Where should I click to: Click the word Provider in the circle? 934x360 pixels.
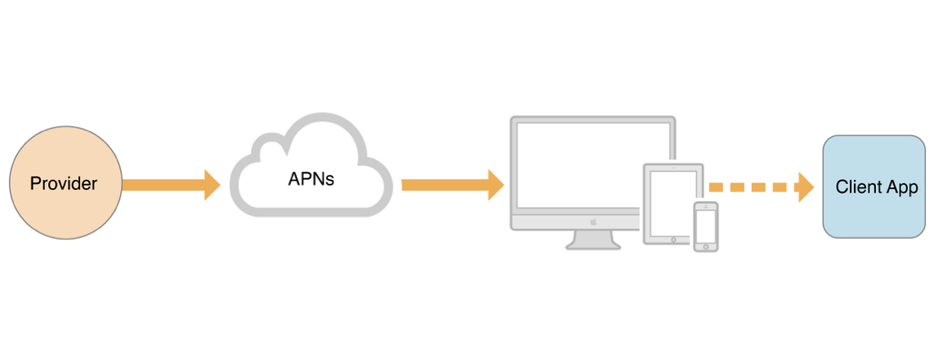(x=64, y=184)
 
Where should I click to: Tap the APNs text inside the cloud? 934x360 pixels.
(x=311, y=178)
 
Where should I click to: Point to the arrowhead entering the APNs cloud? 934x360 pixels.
(x=212, y=184)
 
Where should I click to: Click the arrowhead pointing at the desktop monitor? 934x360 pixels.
(x=495, y=184)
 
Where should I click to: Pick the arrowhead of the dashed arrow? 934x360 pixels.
(x=805, y=187)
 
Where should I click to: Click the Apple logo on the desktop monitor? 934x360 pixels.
(x=593, y=221)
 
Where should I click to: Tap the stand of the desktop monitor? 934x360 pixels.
(x=593, y=240)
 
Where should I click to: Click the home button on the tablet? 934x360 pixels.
(x=673, y=240)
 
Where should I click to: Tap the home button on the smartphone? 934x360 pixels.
(x=706, y=245)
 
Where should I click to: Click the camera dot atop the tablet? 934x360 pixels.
(x=673, y=167)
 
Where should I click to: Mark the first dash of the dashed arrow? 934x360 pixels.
(x=716, y=187)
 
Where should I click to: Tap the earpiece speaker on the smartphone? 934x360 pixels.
(x=706, y=205)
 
